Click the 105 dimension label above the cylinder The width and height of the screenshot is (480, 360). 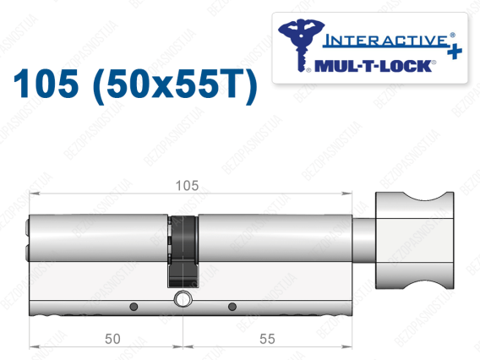point(187,186)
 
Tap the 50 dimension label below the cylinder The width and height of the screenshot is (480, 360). point(112,339)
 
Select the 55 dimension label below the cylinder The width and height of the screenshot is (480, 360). point(267,339)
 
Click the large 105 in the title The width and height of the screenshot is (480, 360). point(46,84)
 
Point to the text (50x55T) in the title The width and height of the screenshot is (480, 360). point(175,85)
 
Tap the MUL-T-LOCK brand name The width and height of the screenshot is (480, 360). point(374,66)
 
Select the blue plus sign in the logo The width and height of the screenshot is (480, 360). point(455,52)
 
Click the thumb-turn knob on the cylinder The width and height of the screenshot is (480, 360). point(414,240)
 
